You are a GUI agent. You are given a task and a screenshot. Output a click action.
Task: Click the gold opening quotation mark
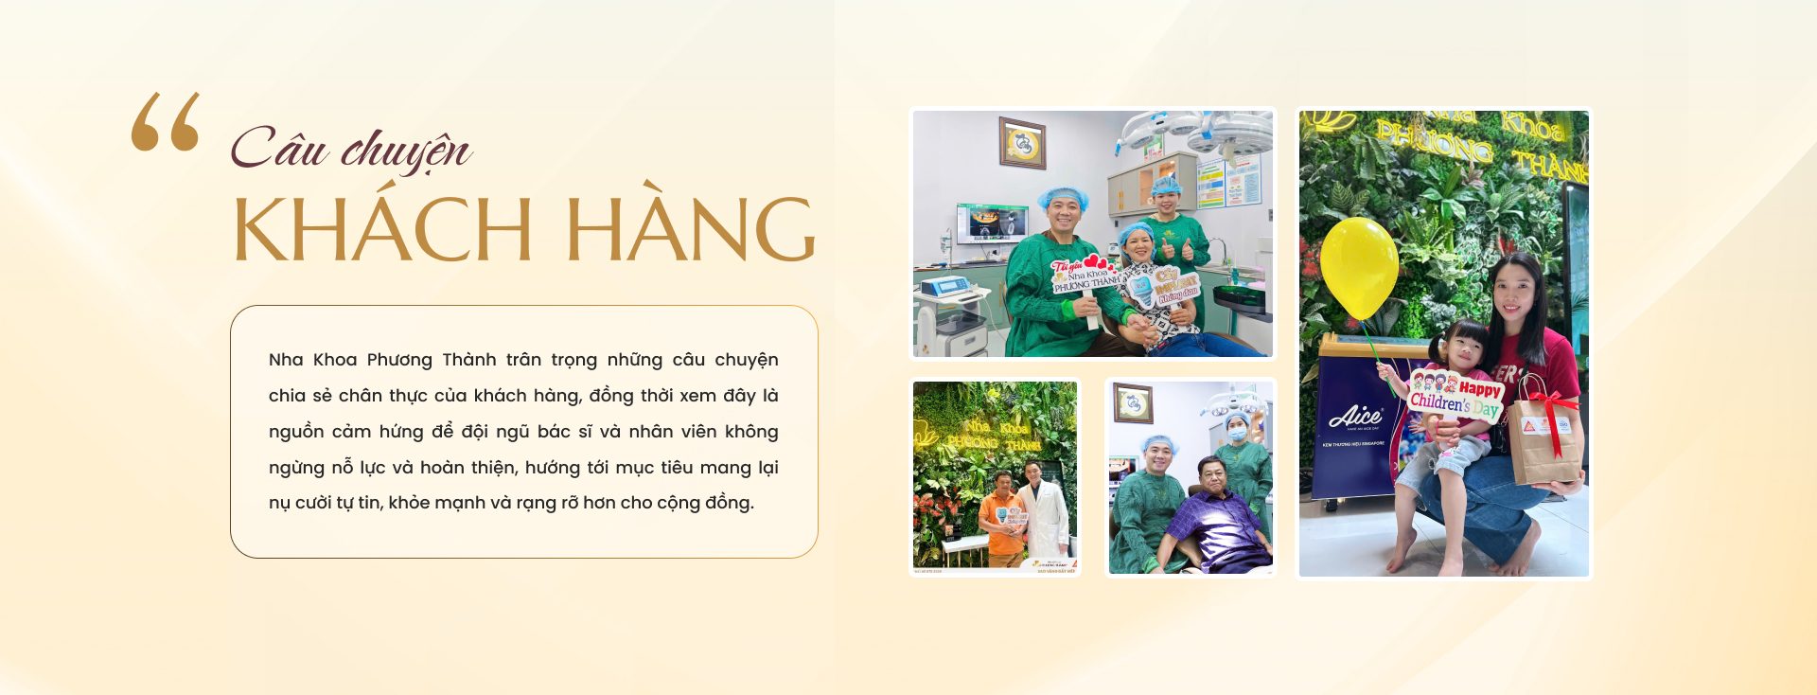[x=166, y=121]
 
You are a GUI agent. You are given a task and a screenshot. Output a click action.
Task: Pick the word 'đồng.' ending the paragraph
[x=730, y=503]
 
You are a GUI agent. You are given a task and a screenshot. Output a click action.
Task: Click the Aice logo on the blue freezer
[x=1355, y=416]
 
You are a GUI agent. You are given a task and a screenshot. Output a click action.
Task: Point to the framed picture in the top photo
[x=1022, y=143]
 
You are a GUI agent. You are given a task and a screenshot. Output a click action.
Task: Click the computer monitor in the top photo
[x=991, y=224]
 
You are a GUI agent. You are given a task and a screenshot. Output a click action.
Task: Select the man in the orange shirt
[x=1001, y=516]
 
